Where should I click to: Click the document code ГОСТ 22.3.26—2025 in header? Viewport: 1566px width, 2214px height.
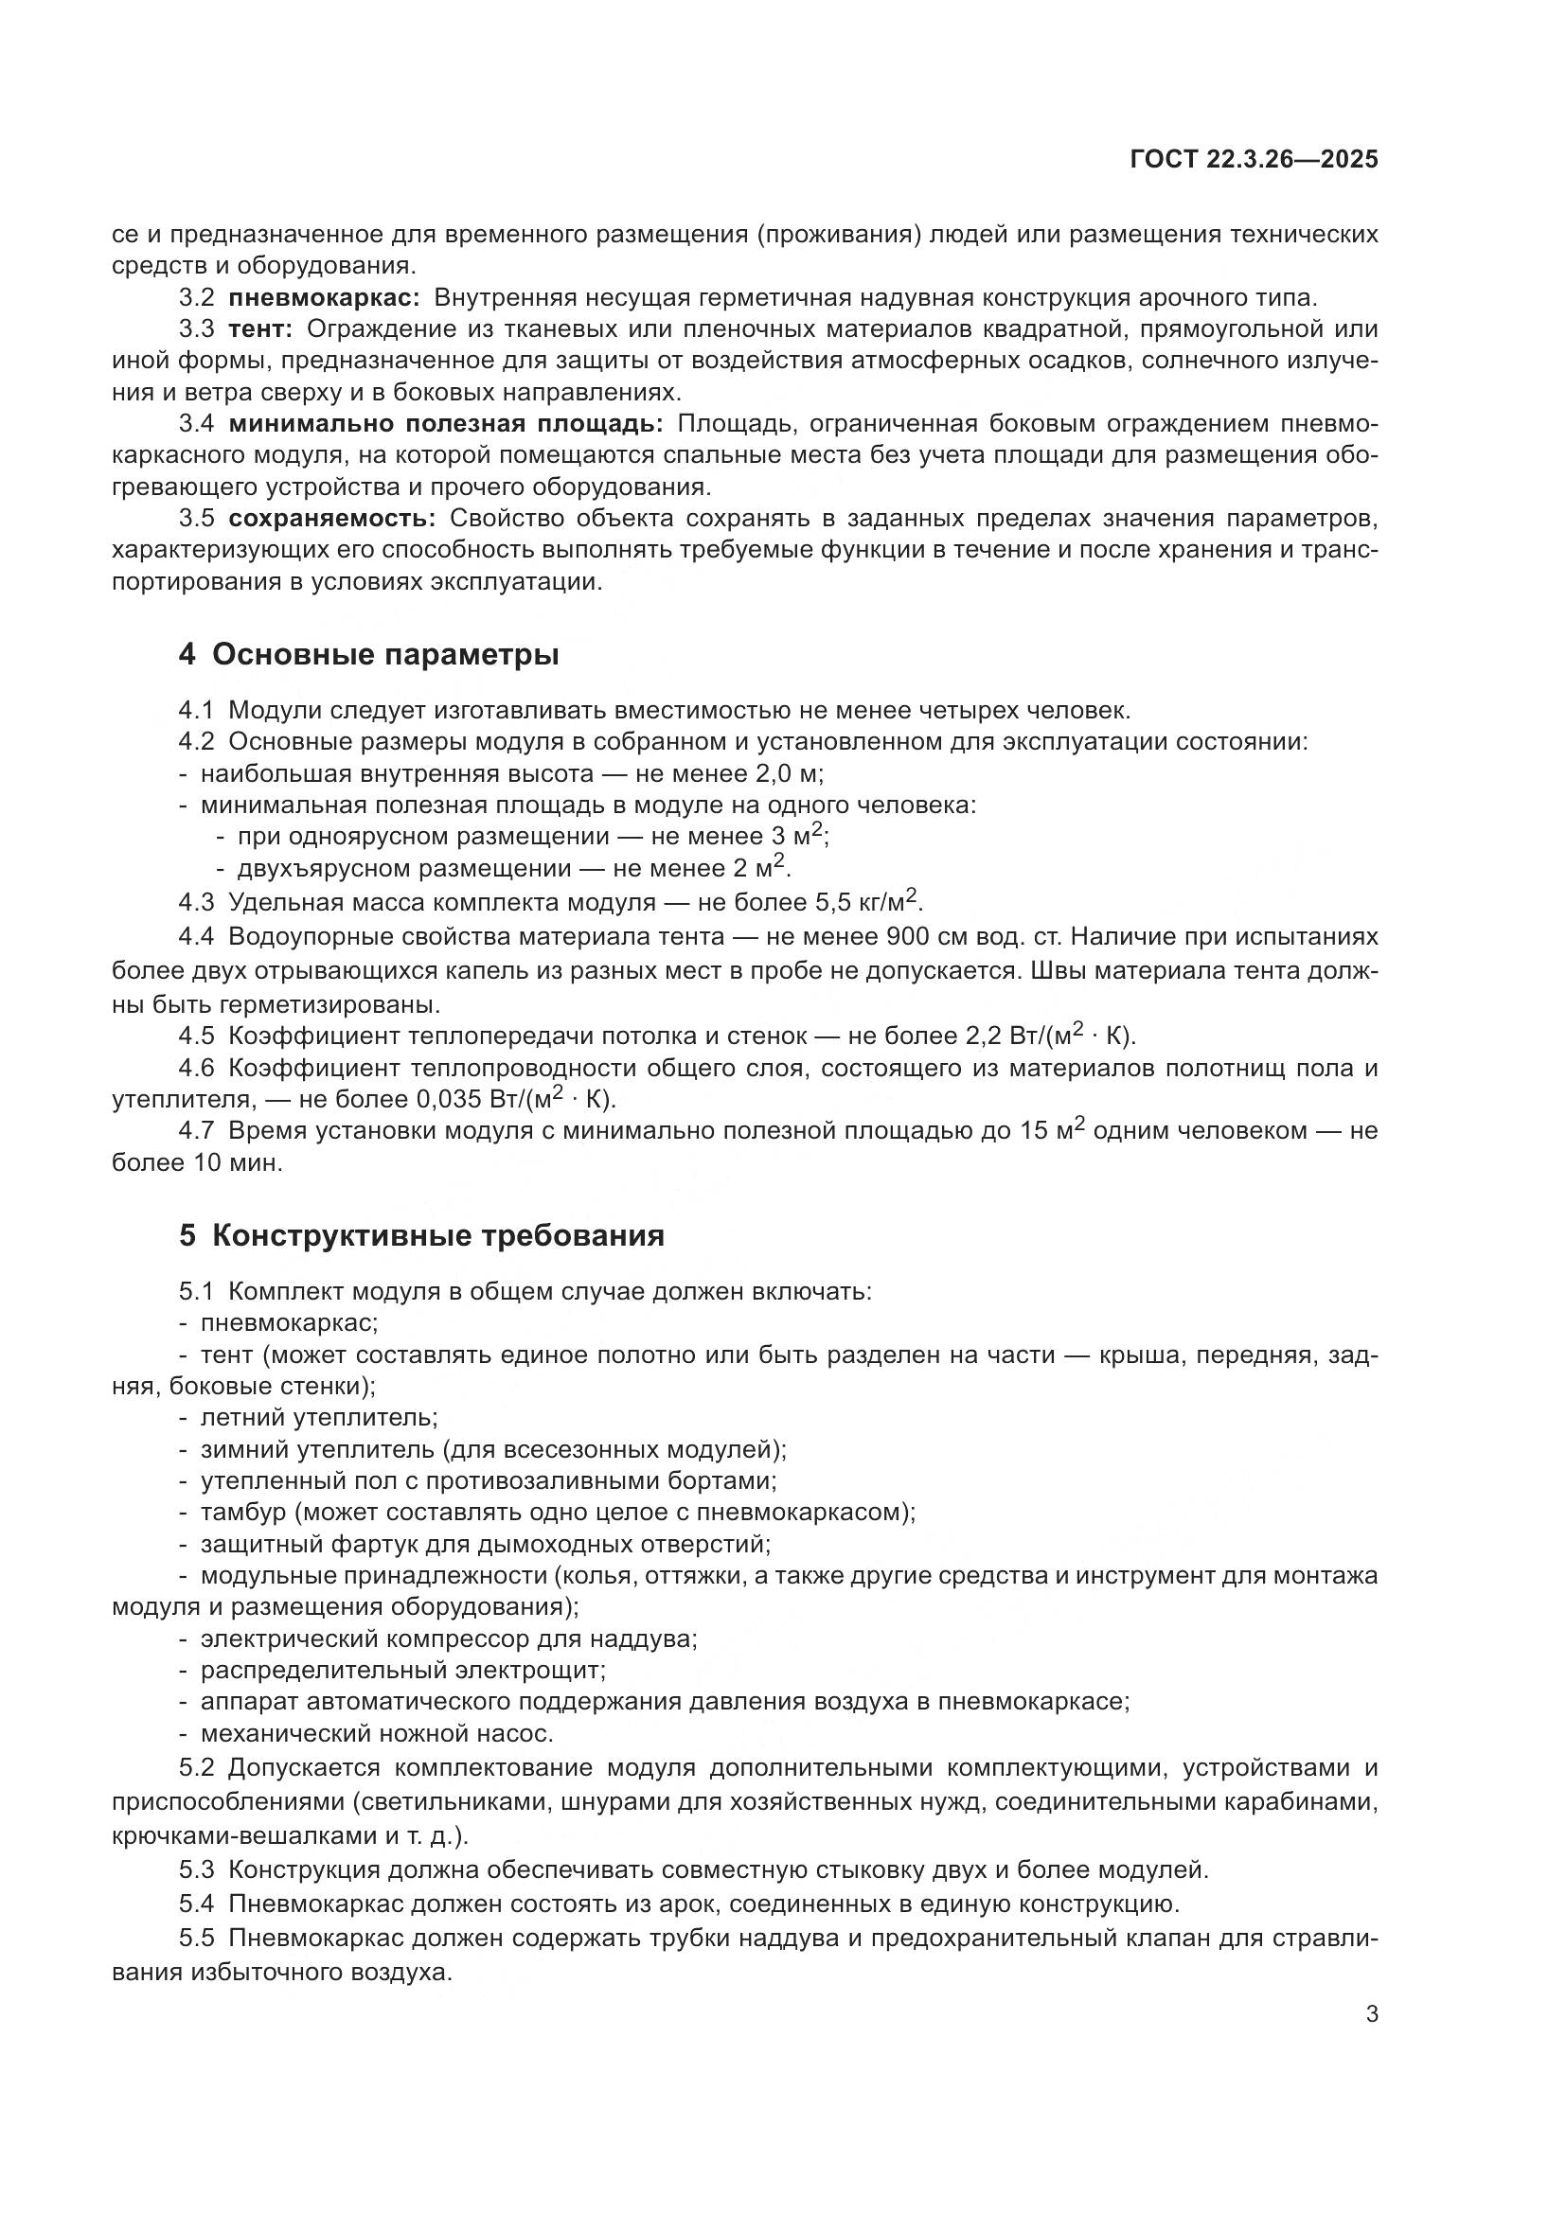click(1253, 160)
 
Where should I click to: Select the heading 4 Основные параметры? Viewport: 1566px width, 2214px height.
click(368, 655)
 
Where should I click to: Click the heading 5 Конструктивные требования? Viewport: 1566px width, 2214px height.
click(421, 1235)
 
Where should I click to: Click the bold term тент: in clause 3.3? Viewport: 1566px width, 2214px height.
click(260, 328)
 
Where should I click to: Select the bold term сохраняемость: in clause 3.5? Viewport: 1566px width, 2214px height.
click(331, 518)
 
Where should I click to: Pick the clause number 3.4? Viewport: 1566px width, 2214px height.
click(196, 423)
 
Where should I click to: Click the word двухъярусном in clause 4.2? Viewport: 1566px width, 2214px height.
click(317, 869)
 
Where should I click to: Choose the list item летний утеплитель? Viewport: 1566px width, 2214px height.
click(319, 1417)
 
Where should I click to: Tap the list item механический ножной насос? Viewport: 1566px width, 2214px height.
click(376, 1733)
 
